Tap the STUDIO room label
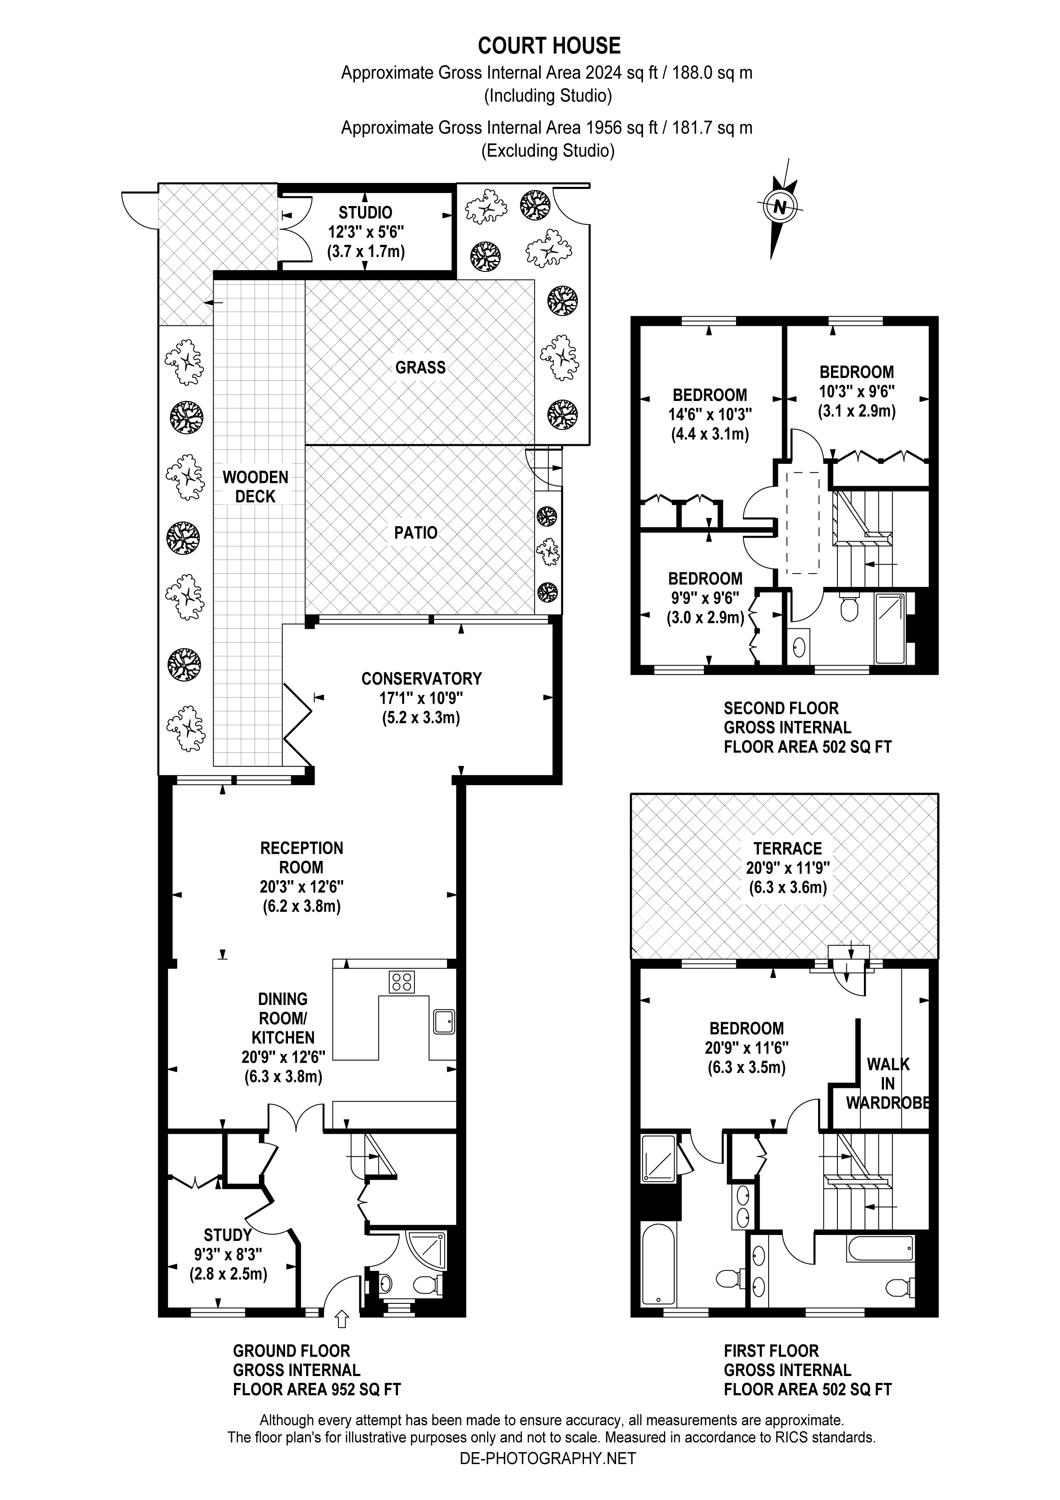point(365,213)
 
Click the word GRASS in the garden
point(420,367)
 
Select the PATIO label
point(415,533)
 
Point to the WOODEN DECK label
point(255,487)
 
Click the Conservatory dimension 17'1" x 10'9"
point(421,698)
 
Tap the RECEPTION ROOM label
point(301,858)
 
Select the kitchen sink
point(444,1021)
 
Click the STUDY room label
point(227,1235)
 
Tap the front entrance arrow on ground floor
point(341,1319)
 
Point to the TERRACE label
point(788,849)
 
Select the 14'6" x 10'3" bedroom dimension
point(710,414)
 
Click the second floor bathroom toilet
point(849,607)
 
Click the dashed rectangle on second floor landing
point(803,523)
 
